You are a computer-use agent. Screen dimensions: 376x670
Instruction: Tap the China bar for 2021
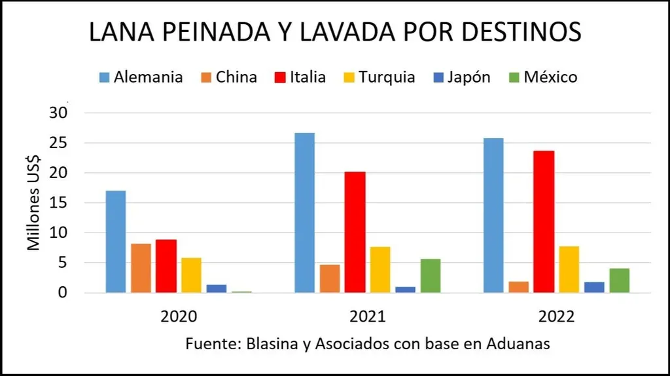click(x=330, y=278)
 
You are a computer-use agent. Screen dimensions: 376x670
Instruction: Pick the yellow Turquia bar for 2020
click(x=191, y=275)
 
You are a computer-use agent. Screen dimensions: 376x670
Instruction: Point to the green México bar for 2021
click(x=430, y=276)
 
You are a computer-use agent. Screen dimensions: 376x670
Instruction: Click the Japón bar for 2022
click(x=594, y=287)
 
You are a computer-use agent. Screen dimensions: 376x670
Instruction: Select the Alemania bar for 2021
click(x=304, y=212)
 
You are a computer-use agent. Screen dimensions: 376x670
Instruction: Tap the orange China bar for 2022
click(x=518, y=287)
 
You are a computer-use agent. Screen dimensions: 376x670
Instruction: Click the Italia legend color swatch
click(x=277, y=77)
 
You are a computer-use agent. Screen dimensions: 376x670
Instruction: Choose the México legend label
click(x=550, y=77)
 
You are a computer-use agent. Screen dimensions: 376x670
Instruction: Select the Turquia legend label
click(x=387, y=77)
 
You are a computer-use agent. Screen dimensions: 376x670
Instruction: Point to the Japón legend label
click(x=469, y=77)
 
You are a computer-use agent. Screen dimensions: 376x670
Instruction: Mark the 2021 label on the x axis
click(x=368, y=317)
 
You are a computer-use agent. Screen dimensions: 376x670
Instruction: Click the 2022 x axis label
click(x=556, y=317)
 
